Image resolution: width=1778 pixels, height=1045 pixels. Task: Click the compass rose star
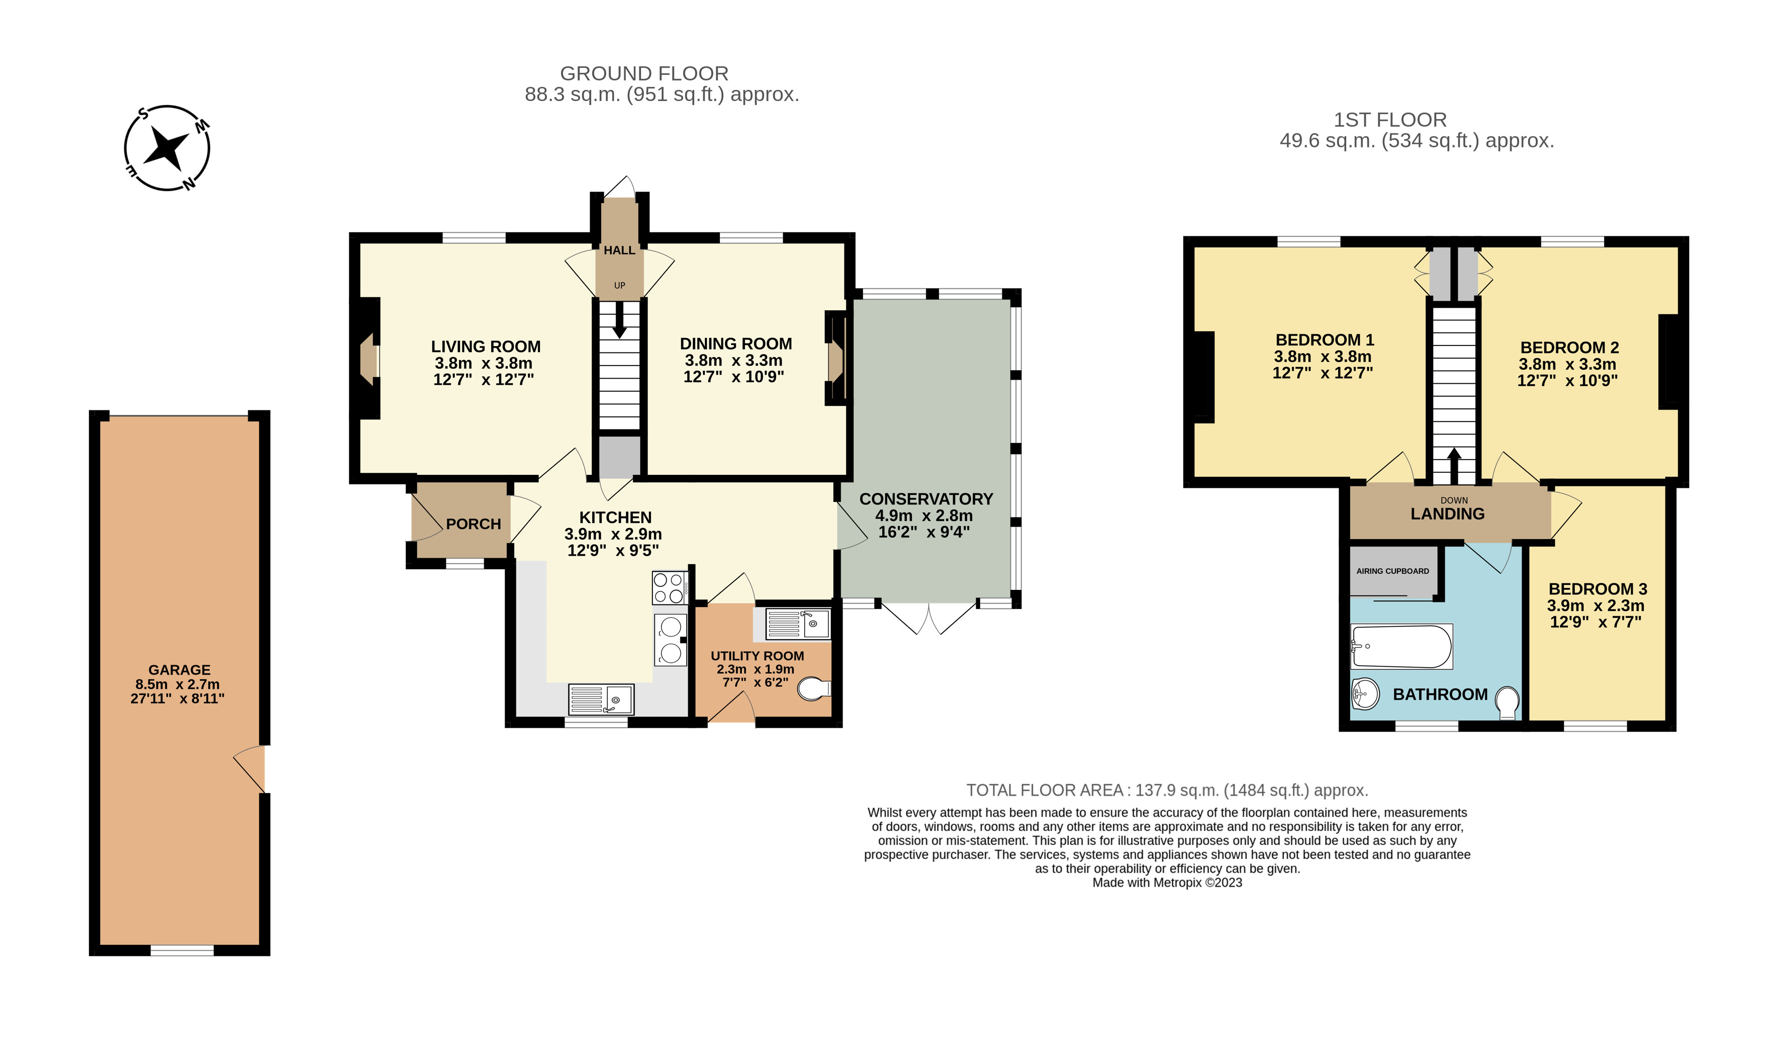tap(167, 148)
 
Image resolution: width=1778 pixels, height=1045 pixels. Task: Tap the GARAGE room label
tap(179, 670)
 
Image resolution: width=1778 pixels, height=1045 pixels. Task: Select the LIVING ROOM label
tap(486, 346)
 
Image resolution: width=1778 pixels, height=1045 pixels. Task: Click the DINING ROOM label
tap(735, 343)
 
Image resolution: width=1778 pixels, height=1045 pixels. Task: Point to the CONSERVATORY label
tap(925, 499)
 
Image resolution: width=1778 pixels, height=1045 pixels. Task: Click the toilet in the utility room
tap(814, 688)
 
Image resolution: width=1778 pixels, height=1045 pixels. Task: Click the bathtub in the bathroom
tap(1401, 646)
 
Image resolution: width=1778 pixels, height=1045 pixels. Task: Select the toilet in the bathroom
tap(1507, 703)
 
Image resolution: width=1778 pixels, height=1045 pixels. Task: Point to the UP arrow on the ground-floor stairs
tap(619, 320)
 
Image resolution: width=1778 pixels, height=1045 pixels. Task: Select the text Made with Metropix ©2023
tap(1167, 883)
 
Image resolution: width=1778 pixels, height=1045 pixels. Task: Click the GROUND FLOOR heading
tap(644, 73)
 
